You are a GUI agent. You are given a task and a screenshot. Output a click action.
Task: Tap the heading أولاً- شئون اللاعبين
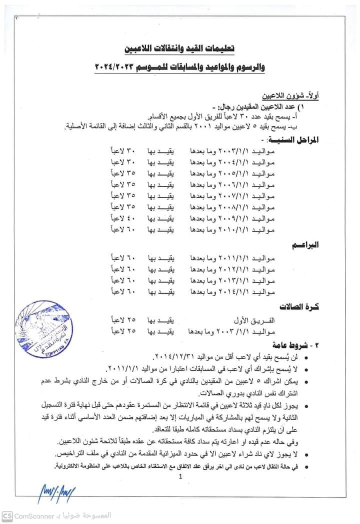[x=290, y=95]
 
